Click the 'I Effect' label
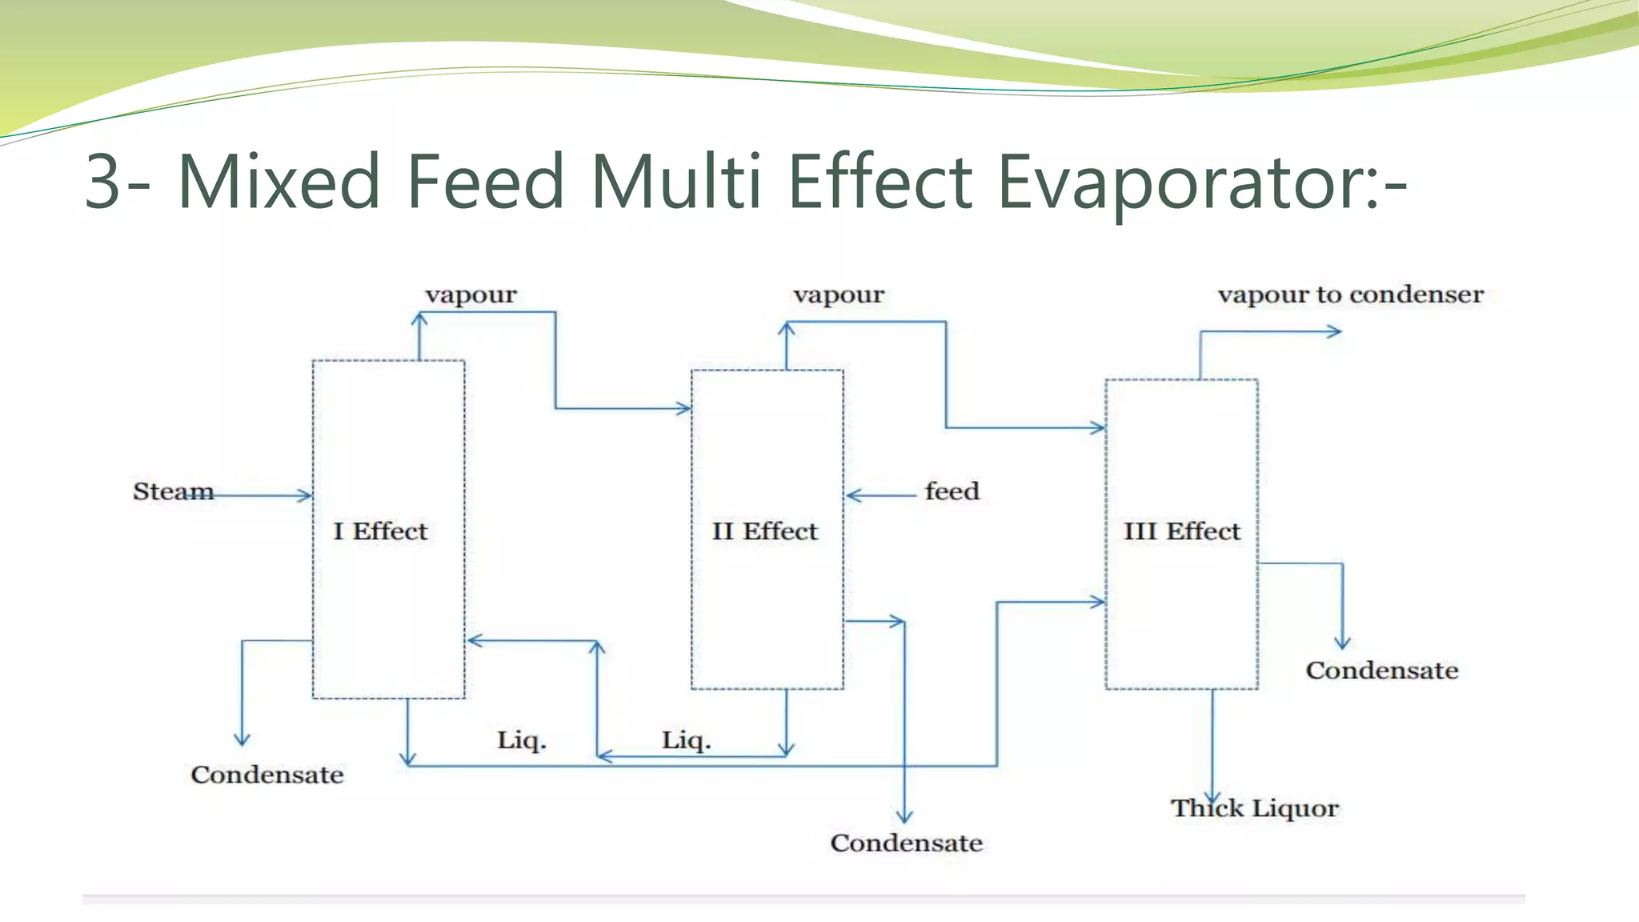click(x=380, y=531)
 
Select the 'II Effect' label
click(x=765, y=531)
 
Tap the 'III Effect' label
click(x=1181, y=531)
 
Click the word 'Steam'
click(x=173, y=491)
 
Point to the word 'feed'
click(x=952, y=491)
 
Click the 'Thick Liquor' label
click(x=1254, y=808)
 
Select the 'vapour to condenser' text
click(x=1350, y=295)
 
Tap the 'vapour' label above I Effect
click(x=471, y=295)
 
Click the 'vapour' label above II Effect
click(x=839, y=295)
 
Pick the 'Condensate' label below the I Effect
click(x=266, y=775)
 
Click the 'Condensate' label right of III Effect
click(x=1381, y=670)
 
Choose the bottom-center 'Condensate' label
click(x=906, y=843)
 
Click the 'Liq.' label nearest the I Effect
click(x=521, y=740)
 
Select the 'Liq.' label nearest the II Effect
click(x=686, y=740)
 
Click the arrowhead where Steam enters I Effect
click(x=305, y=495)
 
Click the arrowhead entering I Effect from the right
click(x=474, y=640)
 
